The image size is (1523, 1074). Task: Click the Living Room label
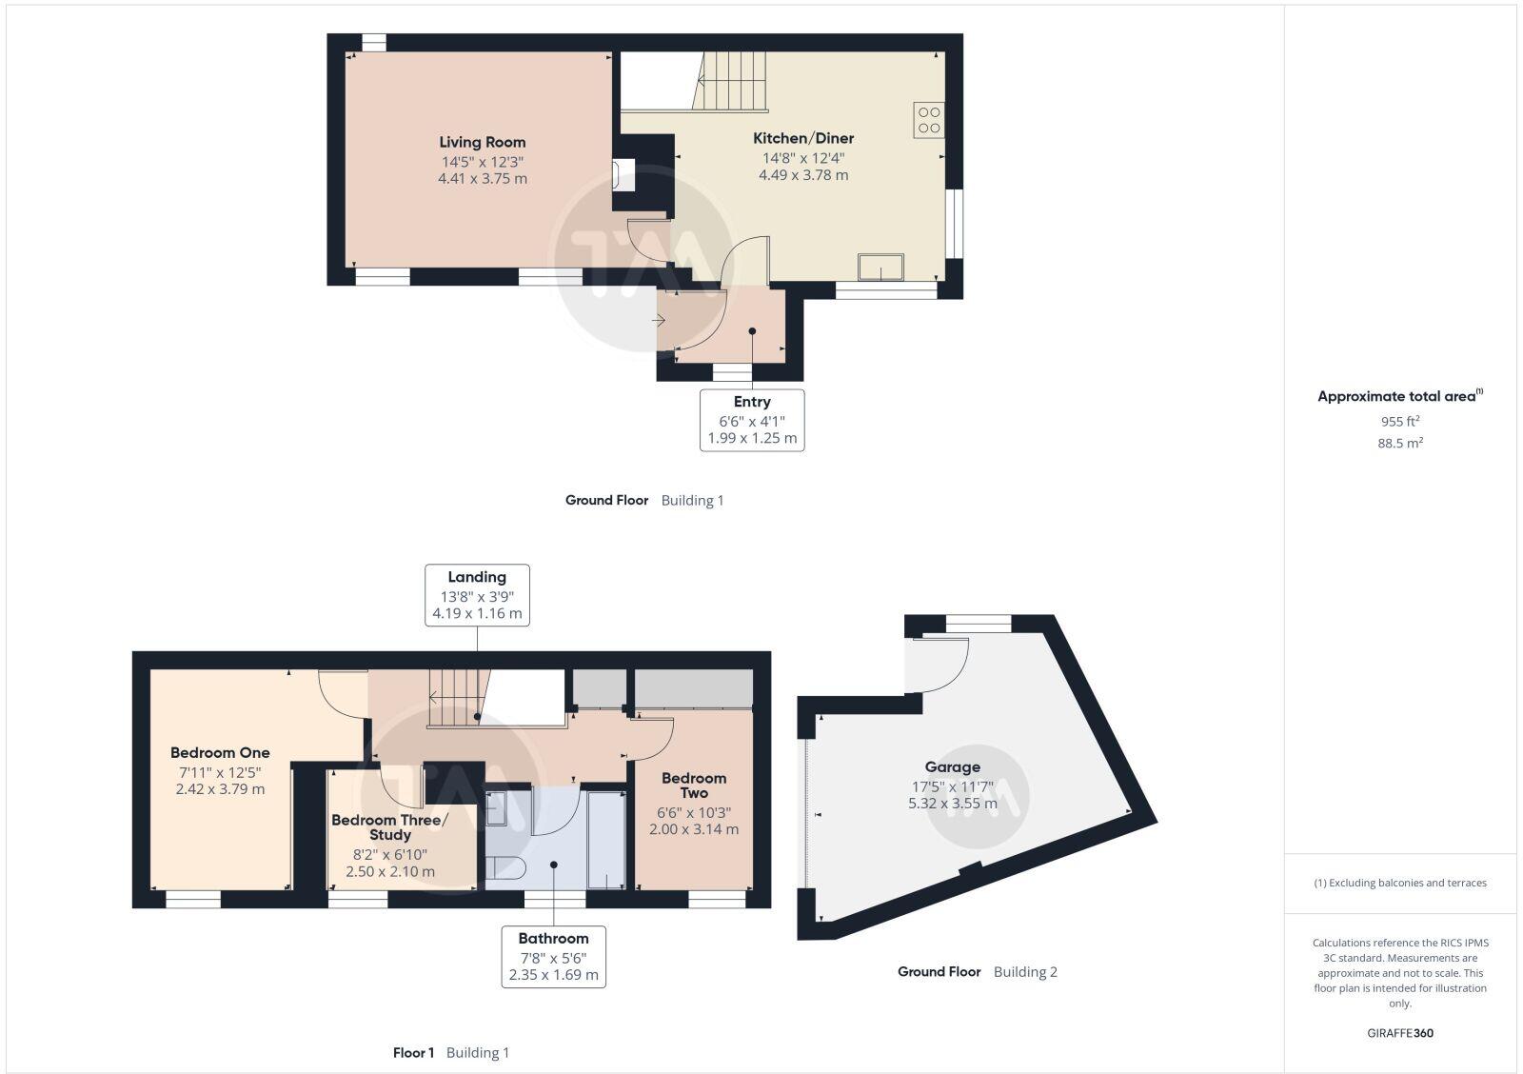pyautogui.click(x=482, y=143)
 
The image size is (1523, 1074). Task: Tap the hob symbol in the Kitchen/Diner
pyautogui.click(x=928, y=120)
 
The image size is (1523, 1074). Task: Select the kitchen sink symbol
pyautogui.click(x=881, y=267)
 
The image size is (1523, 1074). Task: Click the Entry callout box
pyautogui.click(x=752, y=420)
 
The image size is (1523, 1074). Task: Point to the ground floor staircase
pyautogui.click(x=733, y=81)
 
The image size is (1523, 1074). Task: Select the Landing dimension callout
pyautogui.click(x=477, y=595)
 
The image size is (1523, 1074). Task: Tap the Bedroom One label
pyautogui.click(x=220, y=752)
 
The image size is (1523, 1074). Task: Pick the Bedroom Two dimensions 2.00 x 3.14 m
pyautogui.click(x=694, y=829)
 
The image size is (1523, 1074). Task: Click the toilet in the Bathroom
pyautogui.click(x=504, y=867)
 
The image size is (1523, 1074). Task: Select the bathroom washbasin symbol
pyautogui.click(x=496, y=809)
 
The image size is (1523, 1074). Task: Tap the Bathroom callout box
pyautogui.click(x=553, y=957)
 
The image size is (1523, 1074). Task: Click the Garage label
pyautogui.click(x=952, y=766)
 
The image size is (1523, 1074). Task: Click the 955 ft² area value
pyautogui.click(x=1399, y=421)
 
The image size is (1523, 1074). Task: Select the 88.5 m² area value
pyautogui.click(x=1399, y=443)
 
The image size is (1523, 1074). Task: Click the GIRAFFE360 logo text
pyautogui.click(x=1399, y=1033)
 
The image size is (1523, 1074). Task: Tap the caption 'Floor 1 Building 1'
pyautogui.click(x=451, y=1052)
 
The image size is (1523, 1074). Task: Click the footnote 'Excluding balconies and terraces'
pyautogui.click(x=1400, y=883)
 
